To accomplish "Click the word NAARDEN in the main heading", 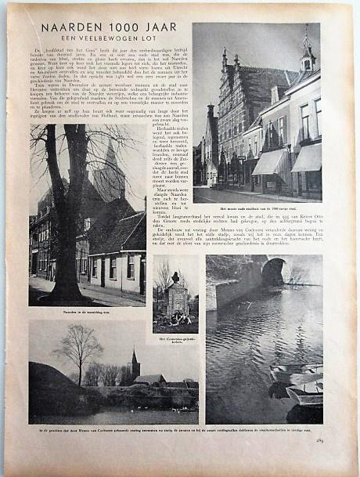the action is (x=69, y=28).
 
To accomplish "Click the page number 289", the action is (x=319, y=441).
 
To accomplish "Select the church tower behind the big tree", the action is (x=109, y=172).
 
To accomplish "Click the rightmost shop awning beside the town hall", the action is (x=307, y=159).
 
